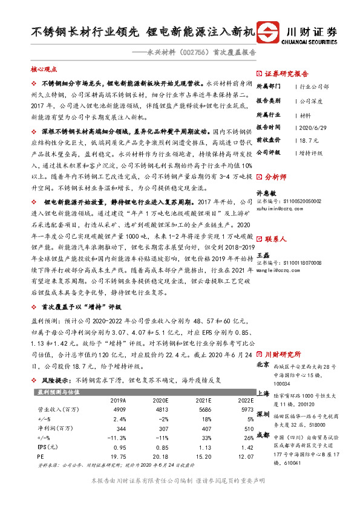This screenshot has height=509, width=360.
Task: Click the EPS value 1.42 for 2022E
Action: pos(245,448)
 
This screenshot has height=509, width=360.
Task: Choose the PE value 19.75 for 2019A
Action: pos(117,458)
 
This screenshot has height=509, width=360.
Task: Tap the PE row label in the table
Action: pos(41,458)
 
